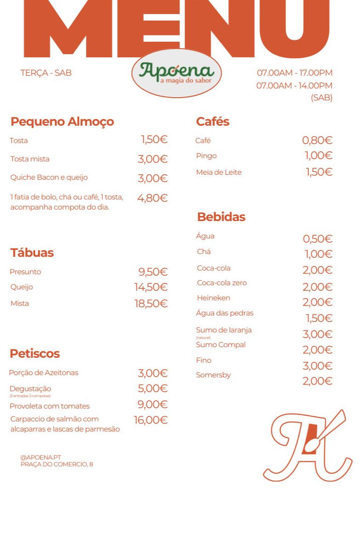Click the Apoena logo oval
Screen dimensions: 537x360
tap(177, 73)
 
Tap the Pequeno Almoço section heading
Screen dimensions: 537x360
tap(62, 122)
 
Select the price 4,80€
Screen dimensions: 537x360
tap(152, 198)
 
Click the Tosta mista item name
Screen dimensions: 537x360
tap(30, 159)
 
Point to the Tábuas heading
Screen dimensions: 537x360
tap(32, 253)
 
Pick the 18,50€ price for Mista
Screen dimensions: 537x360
tap(151, 304)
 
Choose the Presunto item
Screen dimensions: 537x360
tap(25, 272)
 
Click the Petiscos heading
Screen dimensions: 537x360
tap(35, 354)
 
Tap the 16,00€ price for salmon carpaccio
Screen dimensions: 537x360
tap(150, 420)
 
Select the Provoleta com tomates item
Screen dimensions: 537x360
tap(50, 406)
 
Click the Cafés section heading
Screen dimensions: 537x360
tap(212, 122)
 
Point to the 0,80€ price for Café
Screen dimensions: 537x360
tap(317, 141)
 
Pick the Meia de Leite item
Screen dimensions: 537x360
tap(219, 172)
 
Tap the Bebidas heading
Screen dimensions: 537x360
tap(221, 217)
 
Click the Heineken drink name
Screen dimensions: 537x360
tap(213, 298)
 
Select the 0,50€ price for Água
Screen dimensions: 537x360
tap(317, 239)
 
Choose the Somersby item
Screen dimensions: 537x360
tap(213, 375)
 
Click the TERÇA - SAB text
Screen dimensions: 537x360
tap(46, 73)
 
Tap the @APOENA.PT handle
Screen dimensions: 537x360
tap(40, 457)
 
